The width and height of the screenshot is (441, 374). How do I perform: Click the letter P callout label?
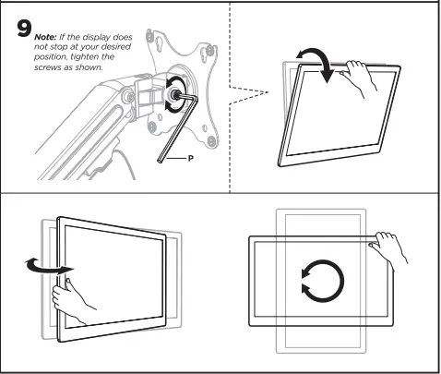(x=191, y=158)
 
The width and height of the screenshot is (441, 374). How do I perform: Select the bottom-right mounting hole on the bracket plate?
(x=215, y=139)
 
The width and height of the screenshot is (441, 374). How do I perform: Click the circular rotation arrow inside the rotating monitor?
(x=321, y=282)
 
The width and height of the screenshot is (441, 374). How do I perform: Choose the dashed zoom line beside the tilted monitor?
(x=245, y=90)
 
